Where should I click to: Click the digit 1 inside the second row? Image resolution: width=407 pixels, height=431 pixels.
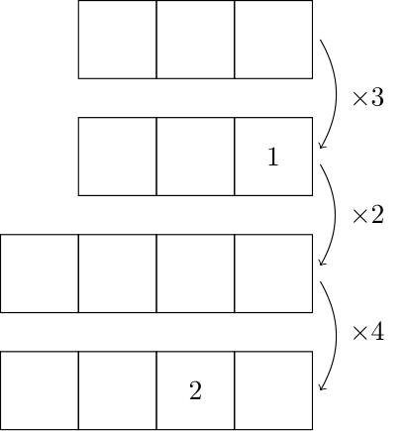coord(273,157)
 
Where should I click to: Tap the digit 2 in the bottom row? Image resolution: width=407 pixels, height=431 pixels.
coord(195,390)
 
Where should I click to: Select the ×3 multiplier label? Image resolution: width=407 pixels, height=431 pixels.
coord(368,98)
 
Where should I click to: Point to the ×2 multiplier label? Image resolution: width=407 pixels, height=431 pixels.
coord(368,215)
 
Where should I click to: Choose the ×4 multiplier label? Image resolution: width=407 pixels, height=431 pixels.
coord(368,332)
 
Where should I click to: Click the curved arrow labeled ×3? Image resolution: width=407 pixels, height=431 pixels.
coord(336,94)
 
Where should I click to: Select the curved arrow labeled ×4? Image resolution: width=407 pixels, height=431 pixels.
coord(336,335)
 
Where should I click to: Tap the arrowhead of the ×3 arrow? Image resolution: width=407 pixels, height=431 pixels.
coord(320,148)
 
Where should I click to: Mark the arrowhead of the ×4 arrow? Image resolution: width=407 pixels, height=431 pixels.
coord(320,389)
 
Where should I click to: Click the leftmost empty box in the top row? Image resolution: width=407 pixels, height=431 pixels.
coord(117,40)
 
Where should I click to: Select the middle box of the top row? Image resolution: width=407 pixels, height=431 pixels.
coord(195,40)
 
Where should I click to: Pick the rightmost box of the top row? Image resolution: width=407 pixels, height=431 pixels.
coord(273,40)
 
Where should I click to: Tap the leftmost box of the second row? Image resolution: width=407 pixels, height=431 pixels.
coord(117,157)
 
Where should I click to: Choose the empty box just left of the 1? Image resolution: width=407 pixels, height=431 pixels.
coord(195,157)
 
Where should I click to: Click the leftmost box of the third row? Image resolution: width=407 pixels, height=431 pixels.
coord(40,273)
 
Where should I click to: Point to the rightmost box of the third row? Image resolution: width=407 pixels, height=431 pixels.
coord(273,273)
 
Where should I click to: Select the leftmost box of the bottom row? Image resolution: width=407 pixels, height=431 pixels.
coord(40,390)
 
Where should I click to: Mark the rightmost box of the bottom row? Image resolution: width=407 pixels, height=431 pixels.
coord(273,390)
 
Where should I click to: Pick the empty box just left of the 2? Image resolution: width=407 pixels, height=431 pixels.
coord(117,390)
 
